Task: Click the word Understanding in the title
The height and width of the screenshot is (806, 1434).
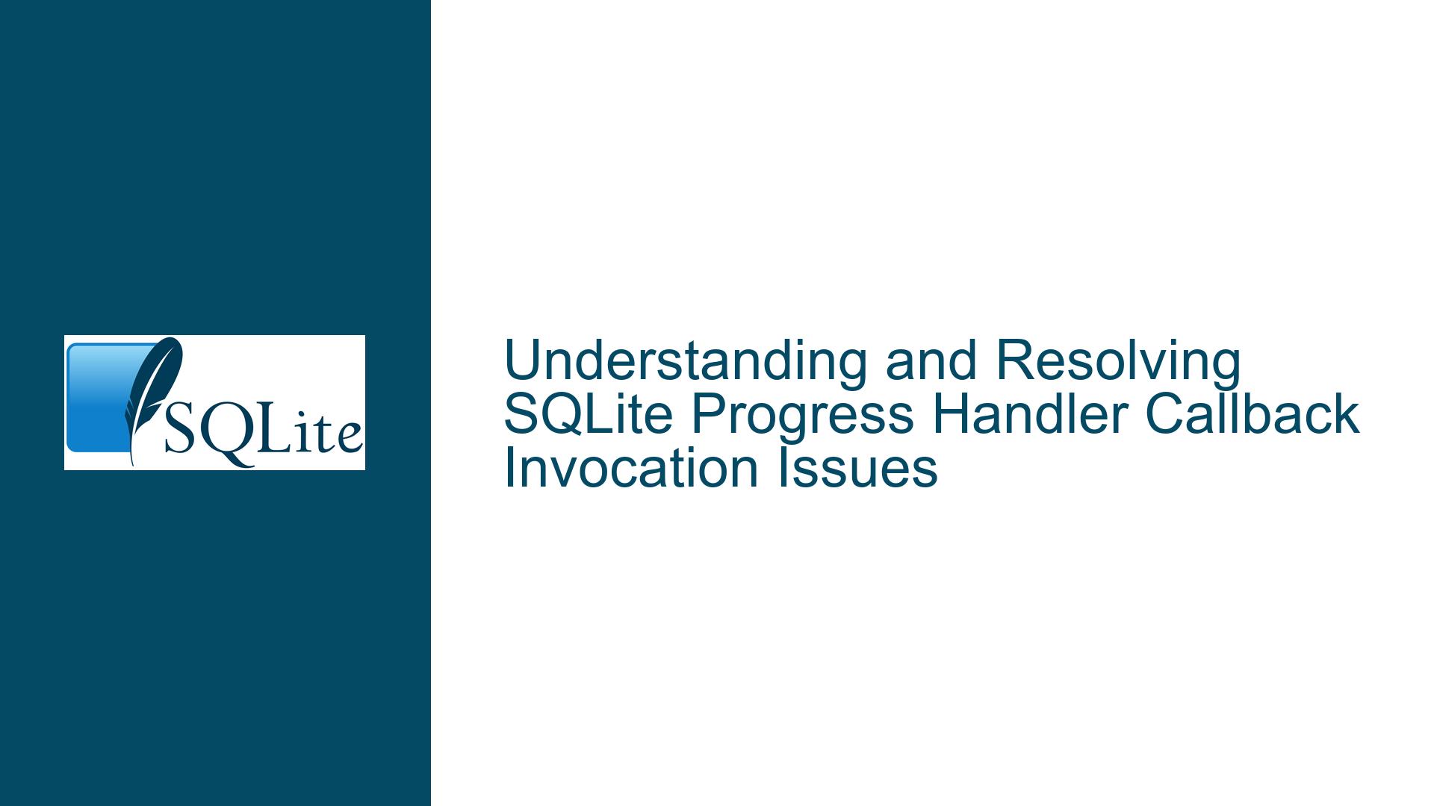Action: click(x=686, y=361)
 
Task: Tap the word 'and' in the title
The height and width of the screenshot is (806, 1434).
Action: click(x=931, y=361)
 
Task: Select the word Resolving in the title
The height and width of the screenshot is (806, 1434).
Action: click(x=1118, y=361)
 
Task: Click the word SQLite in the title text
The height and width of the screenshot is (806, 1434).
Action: click(x=589, y=415)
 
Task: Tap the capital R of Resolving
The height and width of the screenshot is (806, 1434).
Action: click(x=1014, y=361)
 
